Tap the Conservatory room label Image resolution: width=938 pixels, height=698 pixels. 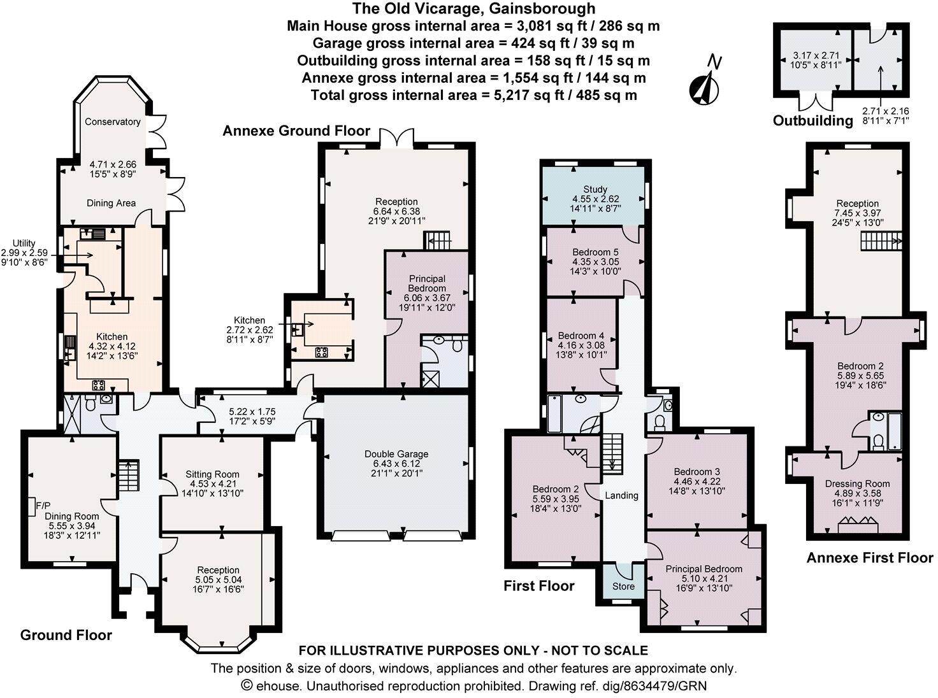click(x=112, y=122)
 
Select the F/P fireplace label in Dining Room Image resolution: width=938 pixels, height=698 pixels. click(x=43, y=505)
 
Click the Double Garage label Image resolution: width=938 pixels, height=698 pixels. click(x=396, y=454)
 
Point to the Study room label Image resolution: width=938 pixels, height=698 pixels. click(x=595, y=190)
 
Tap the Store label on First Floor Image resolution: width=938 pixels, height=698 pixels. click(x=623, y=586)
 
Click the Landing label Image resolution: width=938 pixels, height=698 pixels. click(x=621, y=495)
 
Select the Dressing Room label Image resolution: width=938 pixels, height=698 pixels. click(x=857, y=483)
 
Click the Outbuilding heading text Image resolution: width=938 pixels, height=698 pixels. click(x=812, y=120)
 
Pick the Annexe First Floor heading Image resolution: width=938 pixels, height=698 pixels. click(x=869, y=558)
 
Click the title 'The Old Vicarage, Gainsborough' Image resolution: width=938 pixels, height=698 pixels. click(x=473, y=9)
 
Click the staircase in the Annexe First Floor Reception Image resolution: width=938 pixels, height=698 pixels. click(x=881, y=242)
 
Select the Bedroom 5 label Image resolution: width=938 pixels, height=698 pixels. click(x=595, y=252)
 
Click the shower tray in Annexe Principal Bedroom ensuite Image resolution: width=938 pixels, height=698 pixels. click(x=431, y=379)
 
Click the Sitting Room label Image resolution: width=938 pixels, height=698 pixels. click(x=212, y=474)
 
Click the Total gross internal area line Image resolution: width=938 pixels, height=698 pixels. click(x=473, y=96)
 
